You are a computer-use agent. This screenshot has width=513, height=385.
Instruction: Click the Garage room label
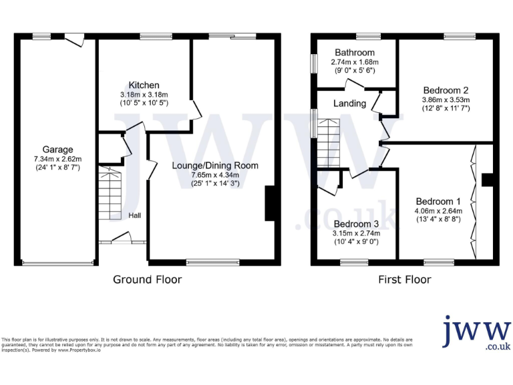(x=57, y=150)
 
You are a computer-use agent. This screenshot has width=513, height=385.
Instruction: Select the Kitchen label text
(x=144, y=85)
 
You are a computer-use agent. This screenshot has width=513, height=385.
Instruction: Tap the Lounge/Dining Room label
(x=214, y=166)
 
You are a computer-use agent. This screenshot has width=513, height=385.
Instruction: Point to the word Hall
(x=135, y=215)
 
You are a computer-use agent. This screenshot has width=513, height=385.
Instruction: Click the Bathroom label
(x=354, y=52)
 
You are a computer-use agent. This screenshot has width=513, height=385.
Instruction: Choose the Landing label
(x=349, y=104)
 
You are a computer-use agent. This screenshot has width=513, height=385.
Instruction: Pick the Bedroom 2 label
(x=446, y=90)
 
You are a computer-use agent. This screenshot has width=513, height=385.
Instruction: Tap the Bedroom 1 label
(x=438, y=201)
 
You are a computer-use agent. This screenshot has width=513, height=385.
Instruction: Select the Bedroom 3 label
(x=357, y=224)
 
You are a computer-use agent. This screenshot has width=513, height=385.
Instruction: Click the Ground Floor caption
(x=147, y=279)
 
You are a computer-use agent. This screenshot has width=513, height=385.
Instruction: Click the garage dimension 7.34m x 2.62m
(x=57, y=159)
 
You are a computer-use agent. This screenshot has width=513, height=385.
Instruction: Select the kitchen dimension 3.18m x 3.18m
(x=144, y=94)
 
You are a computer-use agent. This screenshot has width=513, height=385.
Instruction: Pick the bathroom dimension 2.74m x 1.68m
(x=354, y=61)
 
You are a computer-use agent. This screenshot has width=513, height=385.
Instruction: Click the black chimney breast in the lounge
(x=271, y=204)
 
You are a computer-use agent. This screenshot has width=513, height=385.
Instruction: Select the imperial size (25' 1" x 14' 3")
(x=214, y=184)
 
